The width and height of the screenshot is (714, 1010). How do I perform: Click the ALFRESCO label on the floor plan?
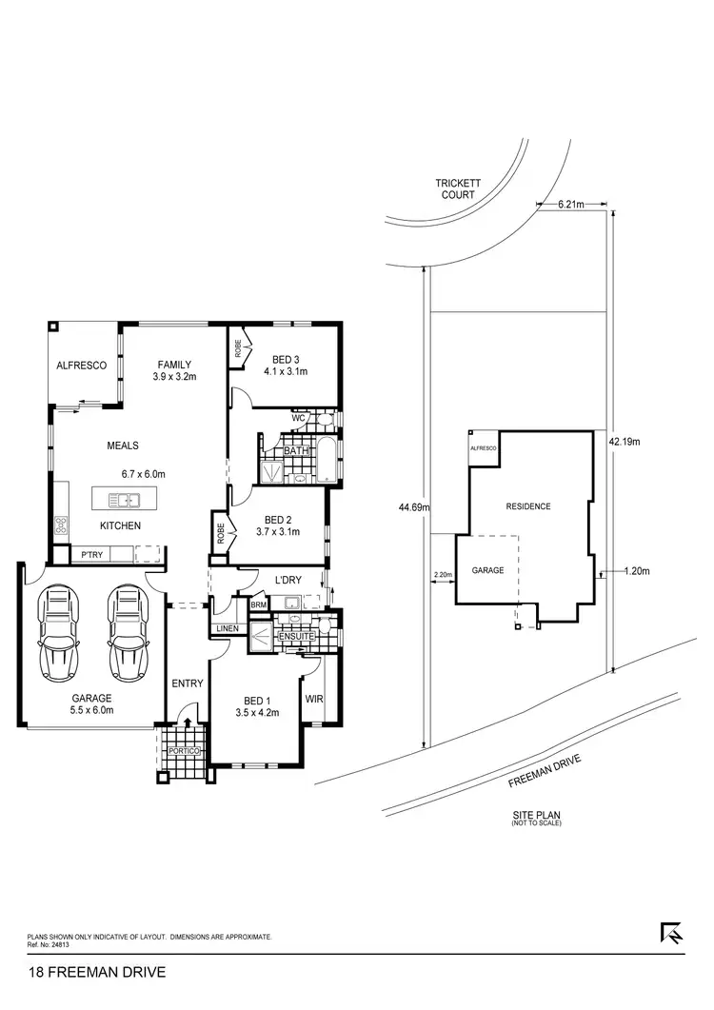coord(81,365)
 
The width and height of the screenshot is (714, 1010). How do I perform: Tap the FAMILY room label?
coord(173,365)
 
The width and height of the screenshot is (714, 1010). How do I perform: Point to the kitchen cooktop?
coord(62,525)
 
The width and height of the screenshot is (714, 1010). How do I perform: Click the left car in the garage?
coord(57,632)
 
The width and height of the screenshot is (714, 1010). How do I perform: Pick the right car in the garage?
coord(129,632)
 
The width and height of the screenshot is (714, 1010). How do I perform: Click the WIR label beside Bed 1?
coord(315,699)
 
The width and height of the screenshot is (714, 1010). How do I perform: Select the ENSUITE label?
coord(296,636)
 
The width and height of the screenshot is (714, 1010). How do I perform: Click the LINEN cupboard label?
coord(227,628)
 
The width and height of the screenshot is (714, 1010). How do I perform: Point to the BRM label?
coord(258,604)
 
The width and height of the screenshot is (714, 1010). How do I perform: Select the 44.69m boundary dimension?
coord(415,507)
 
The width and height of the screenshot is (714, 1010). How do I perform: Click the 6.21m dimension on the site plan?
coord(570,204)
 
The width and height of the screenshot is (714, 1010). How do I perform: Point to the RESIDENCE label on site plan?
coord(528,506)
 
